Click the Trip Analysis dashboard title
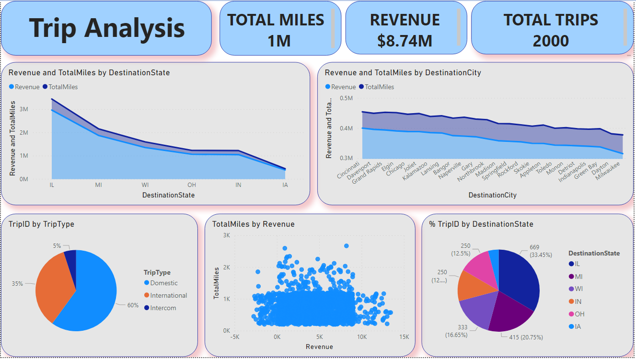tap(106, 28)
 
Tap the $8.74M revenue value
tap(405, 41)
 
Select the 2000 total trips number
tap(551, 41)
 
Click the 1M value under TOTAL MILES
tap(279, 41)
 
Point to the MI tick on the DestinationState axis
tap(98, 185)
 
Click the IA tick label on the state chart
tap(286, 185)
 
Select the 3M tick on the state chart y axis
tap(23, 109)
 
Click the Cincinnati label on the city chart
tap(349, 170)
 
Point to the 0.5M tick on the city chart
tap(346, 98)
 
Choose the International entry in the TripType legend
tap(168, 295)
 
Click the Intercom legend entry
tap(163, 308)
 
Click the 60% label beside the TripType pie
tap(133, 305)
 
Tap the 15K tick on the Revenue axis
tap(404, 337)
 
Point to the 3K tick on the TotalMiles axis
tap(226, 235)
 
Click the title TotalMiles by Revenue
tap(254, 224)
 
